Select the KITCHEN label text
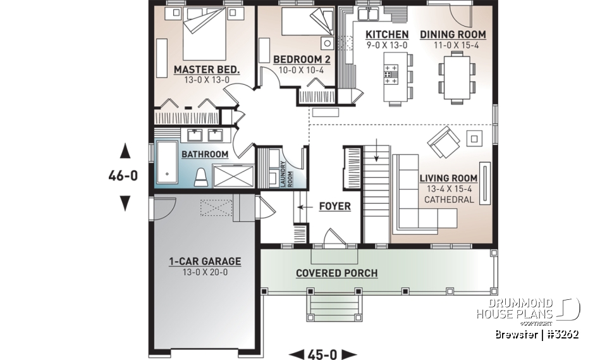click(387, 34)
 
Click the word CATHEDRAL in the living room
click(448, 199)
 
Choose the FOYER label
click(334, 206)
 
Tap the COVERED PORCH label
click(336, 273)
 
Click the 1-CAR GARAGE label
click(205, 261)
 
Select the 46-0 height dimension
click(123, 177)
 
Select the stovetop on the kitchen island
click(391, 75)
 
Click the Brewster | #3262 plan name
click(536, 335)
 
